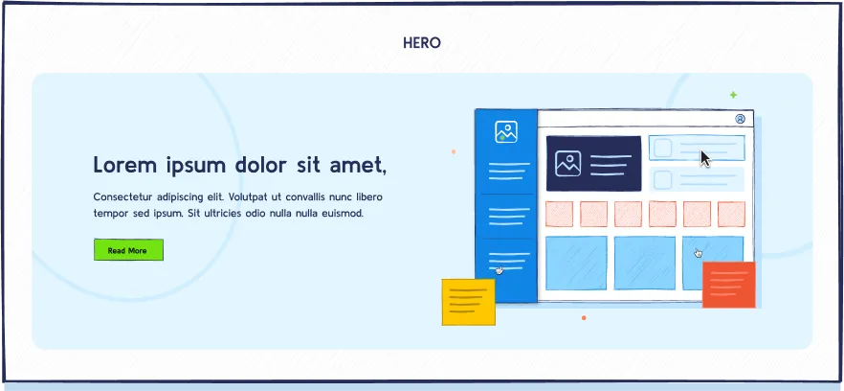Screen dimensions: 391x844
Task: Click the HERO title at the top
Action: (x=422, y=42)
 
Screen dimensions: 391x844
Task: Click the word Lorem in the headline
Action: (x=125, y=165)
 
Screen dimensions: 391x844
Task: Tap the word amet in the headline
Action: (x=357, y=165)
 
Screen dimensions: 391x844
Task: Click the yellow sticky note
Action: (x=468, y=302)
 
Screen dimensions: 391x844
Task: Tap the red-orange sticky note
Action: (x=729, y=284)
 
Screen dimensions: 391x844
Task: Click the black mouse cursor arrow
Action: (x=705, y=158)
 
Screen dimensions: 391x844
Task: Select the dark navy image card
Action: (x=593, y=163)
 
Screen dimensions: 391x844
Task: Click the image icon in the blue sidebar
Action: (x=506, y=132)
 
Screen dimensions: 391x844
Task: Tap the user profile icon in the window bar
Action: (x=740, y=119)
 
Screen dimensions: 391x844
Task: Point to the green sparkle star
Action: (x=733, y=95)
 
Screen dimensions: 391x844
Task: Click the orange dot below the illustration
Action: (x=584, y=317)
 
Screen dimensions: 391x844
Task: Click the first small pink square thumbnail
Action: (x=559, y=214)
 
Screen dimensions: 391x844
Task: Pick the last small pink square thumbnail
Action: (x=731, y=214)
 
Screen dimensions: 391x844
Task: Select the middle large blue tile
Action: (x=645, y=263)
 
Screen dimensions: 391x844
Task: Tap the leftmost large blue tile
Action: (x=576, y=263)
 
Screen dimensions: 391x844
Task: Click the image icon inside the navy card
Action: (x=568, y=164)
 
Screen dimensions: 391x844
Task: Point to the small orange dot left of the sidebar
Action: (x=454, y=151)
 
